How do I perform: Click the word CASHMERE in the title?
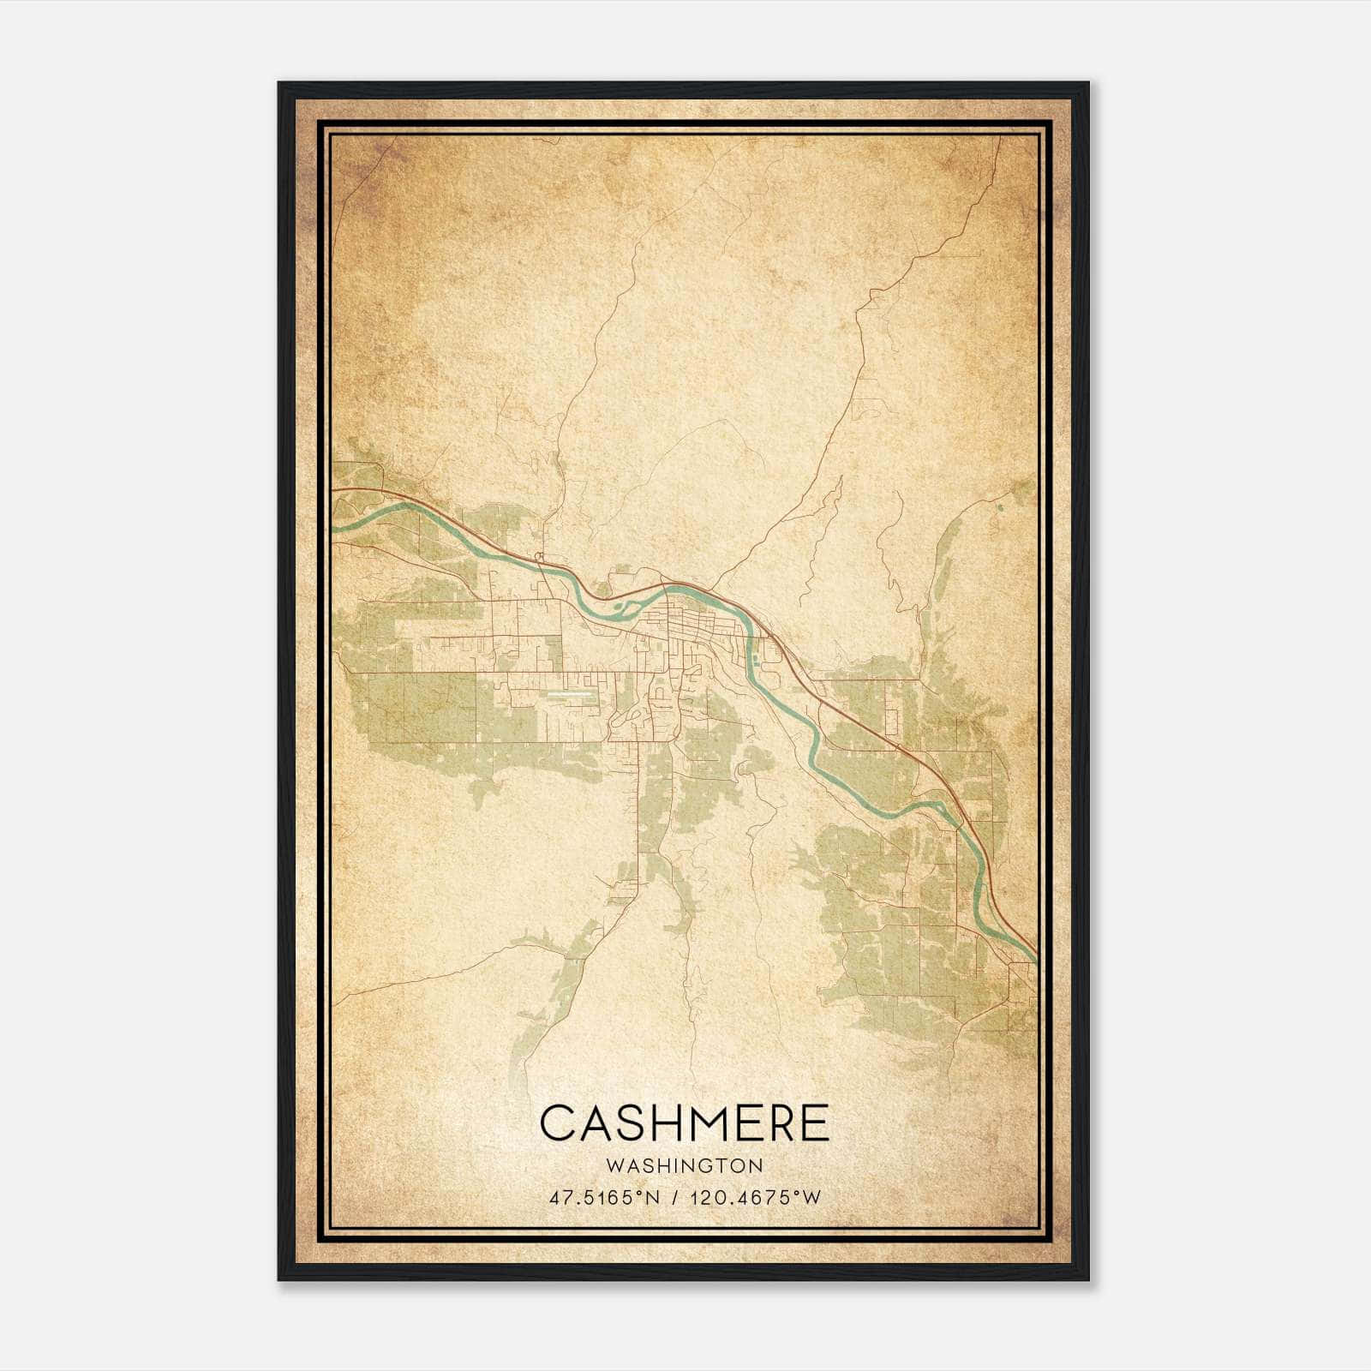click(685, 1123)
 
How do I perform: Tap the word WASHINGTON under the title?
click(685, 1166)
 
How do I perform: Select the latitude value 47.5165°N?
click(605, 1198)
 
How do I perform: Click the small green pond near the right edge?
click(999, 518)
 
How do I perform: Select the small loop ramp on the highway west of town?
click(539, 557)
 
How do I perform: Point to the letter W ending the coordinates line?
click(812, 1198)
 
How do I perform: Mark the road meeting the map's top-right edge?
click(1000, 137)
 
